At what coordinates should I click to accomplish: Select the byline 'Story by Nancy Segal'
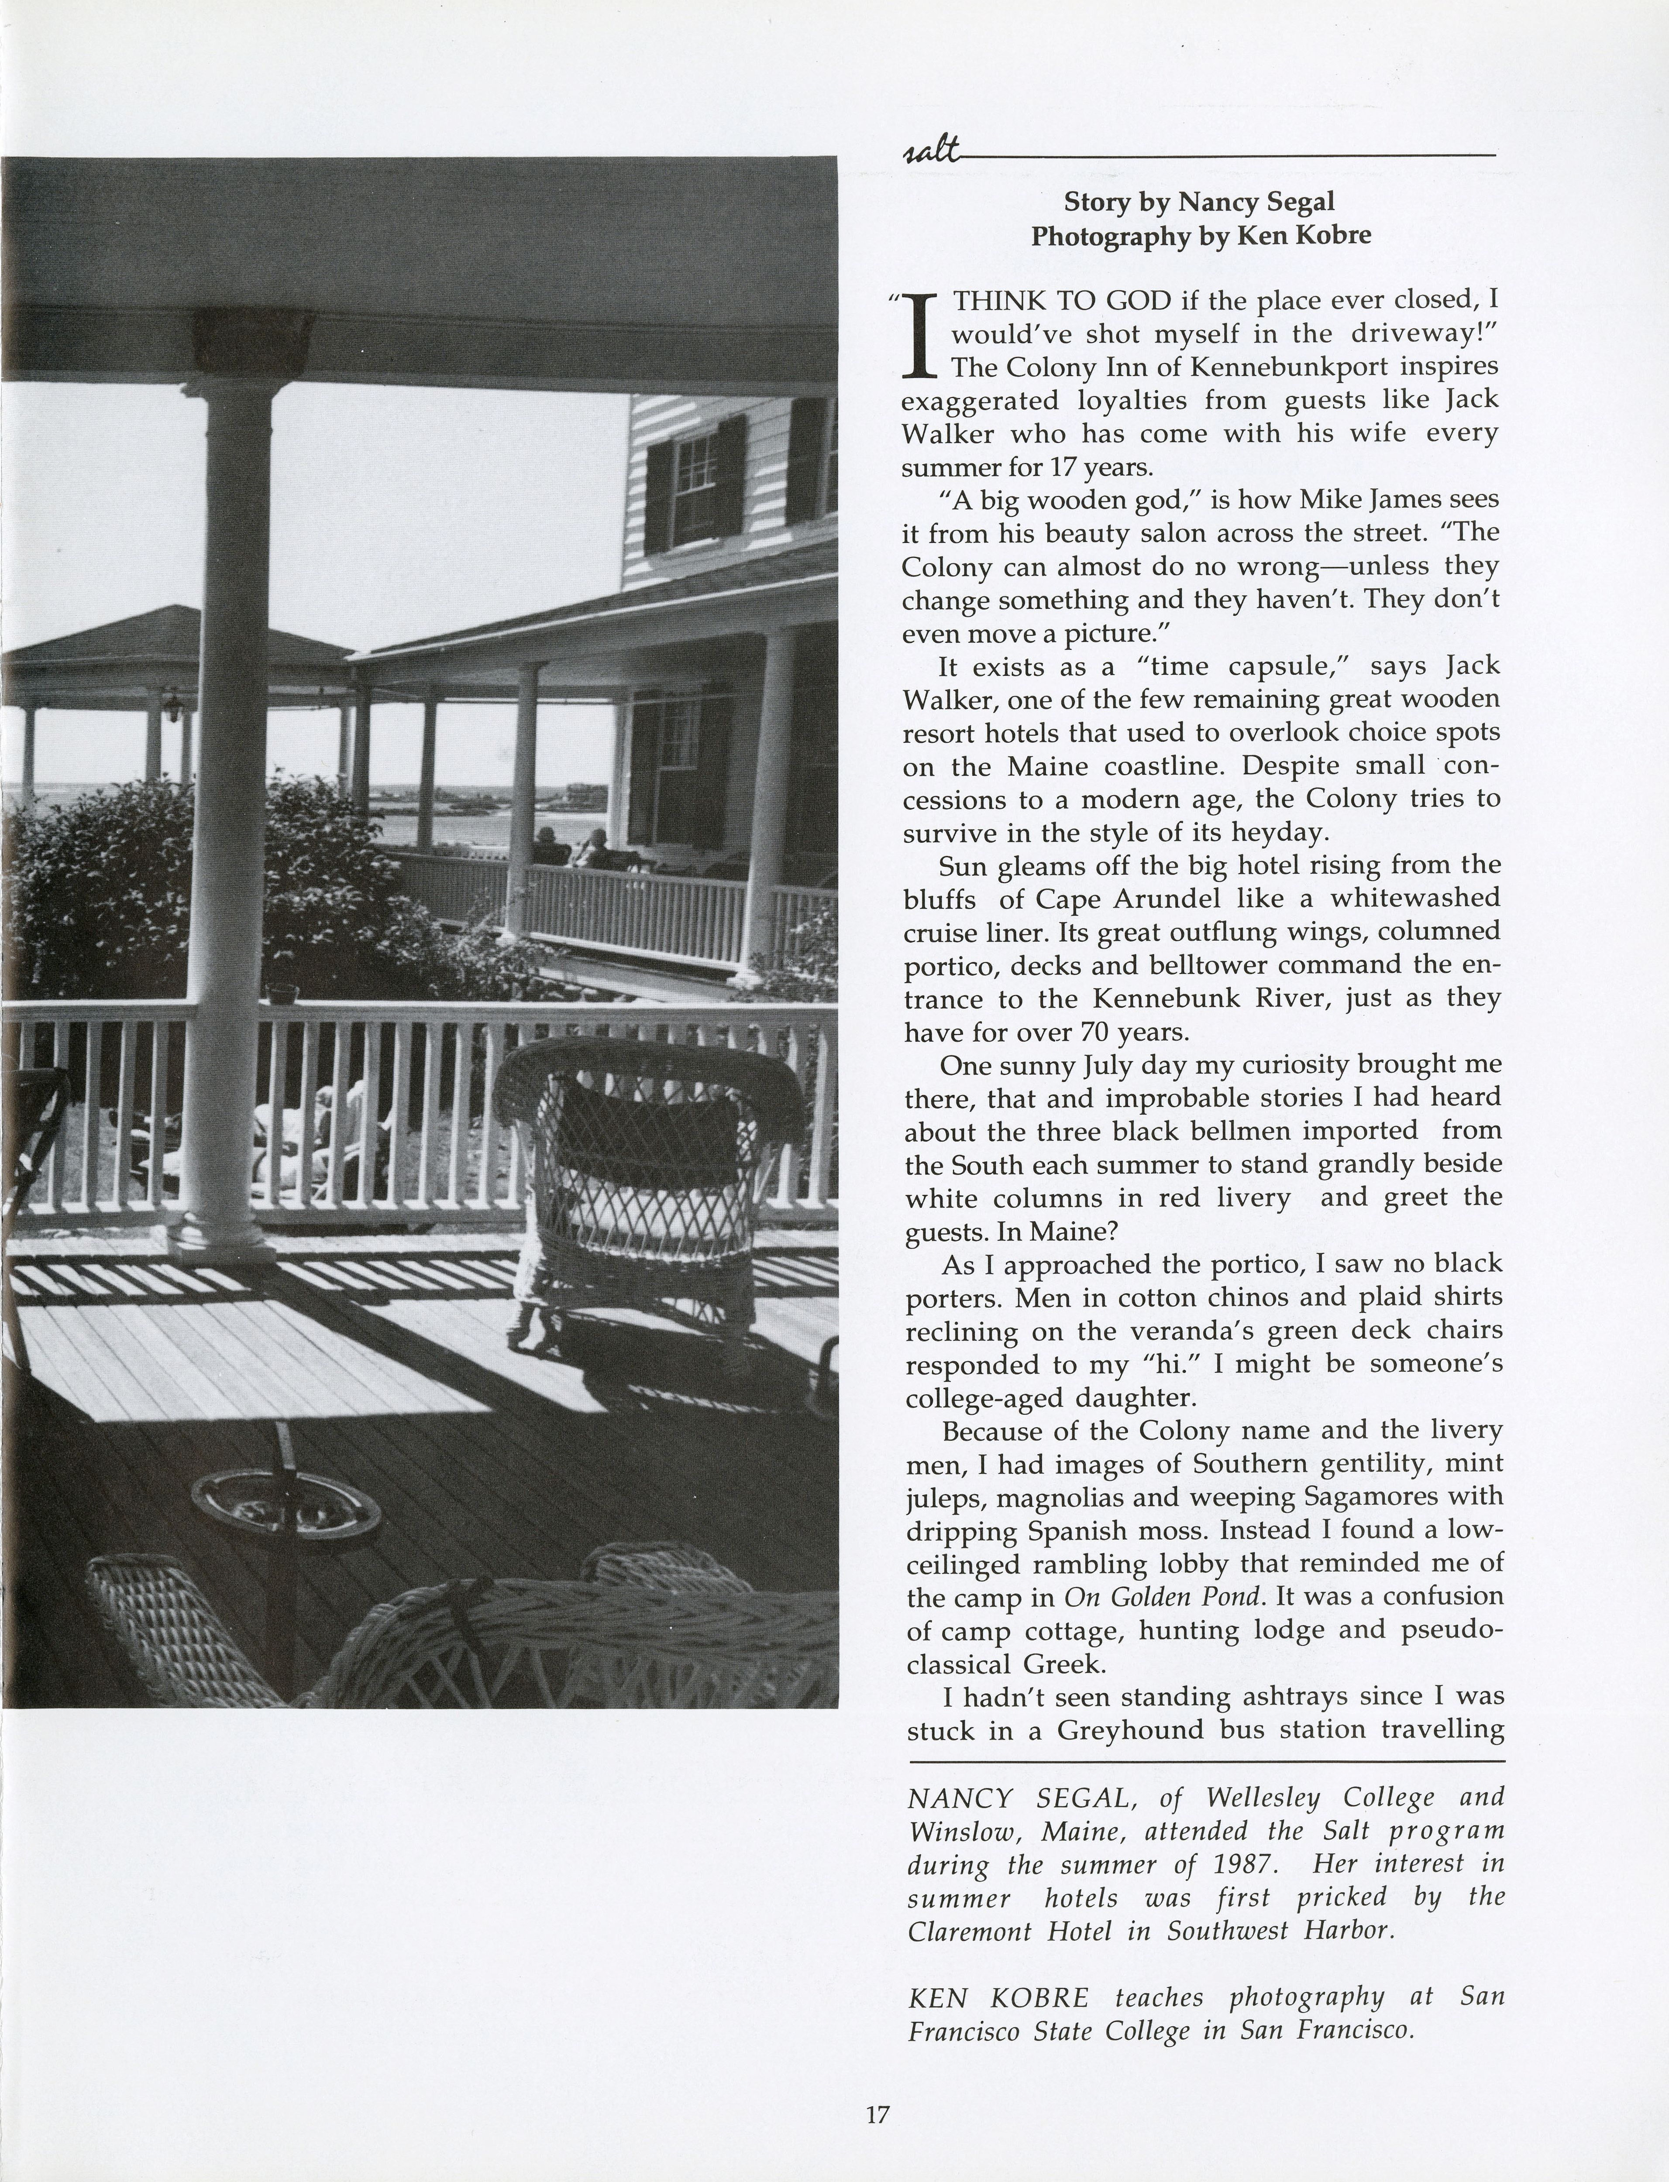pyautogui.click(x=1199, y=202)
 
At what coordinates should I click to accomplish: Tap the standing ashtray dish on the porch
pyautogui.click(x=285, y=1502)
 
